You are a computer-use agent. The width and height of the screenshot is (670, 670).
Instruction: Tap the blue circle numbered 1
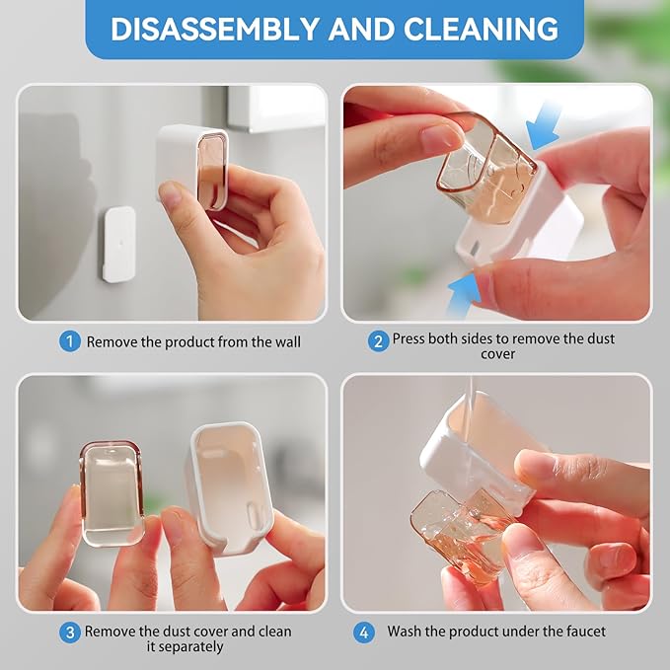click(69, 341)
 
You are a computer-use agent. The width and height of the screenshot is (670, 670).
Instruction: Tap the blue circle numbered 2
click(378, 341)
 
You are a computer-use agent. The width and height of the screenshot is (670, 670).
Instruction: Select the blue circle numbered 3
click(69, 633)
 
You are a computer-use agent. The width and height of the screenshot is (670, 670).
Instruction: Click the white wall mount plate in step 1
click(118, 244)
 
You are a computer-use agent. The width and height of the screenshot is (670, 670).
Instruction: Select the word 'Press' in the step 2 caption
click(410, 338)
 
